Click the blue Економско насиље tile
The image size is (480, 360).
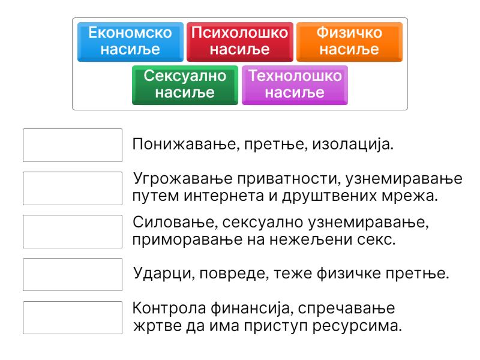[x=130, y=42]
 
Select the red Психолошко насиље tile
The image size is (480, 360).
[x=240, y=42]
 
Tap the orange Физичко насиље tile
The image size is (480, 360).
[x=349, y=42]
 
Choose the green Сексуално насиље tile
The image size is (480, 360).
[x=185, y=85]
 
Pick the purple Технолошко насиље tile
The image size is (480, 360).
[x=295, y=85]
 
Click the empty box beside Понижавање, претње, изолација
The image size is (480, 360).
[x=73, y=145]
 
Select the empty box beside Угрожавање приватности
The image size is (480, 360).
[x=73, y=188]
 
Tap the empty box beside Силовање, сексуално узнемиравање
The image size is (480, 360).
[x=73, y=232]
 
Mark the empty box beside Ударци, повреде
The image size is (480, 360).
[x=73, y=275]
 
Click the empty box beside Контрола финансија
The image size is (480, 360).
[x=73, y=318]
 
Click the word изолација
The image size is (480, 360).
[x=353, y=145]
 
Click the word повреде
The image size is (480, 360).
[x=234, y=274]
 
